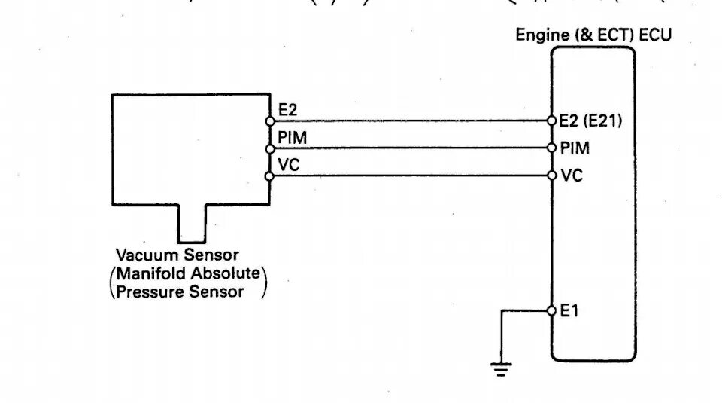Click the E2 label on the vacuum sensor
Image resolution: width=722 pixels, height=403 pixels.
pos(288,110)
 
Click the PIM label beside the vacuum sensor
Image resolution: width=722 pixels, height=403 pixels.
pos(292,138)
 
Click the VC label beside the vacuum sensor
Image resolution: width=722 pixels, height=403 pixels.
pos(289,165)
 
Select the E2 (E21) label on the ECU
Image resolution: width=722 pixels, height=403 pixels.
pos(590,121)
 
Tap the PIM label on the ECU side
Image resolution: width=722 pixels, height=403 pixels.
pos(575,148)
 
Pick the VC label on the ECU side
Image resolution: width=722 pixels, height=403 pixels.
pos(571,176)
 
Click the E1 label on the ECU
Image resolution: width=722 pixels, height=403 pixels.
pos(569,310)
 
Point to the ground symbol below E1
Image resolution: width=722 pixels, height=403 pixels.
pos(501,368)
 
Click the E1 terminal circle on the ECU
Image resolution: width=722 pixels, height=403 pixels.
pos(551,310)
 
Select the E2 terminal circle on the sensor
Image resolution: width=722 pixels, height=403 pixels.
pos(269,121)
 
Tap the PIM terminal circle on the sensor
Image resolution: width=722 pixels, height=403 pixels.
pos(269,148)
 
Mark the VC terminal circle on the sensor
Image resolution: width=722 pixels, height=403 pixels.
pos(269,176)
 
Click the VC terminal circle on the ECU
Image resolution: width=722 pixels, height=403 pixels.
pos(551,176)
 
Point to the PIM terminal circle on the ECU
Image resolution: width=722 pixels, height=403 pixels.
pos(551,148)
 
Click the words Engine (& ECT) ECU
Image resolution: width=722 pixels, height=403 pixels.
pos(593,35)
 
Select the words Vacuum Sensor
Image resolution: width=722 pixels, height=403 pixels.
pos(177,255)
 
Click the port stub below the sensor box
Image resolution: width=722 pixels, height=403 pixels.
pos(192,222)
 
